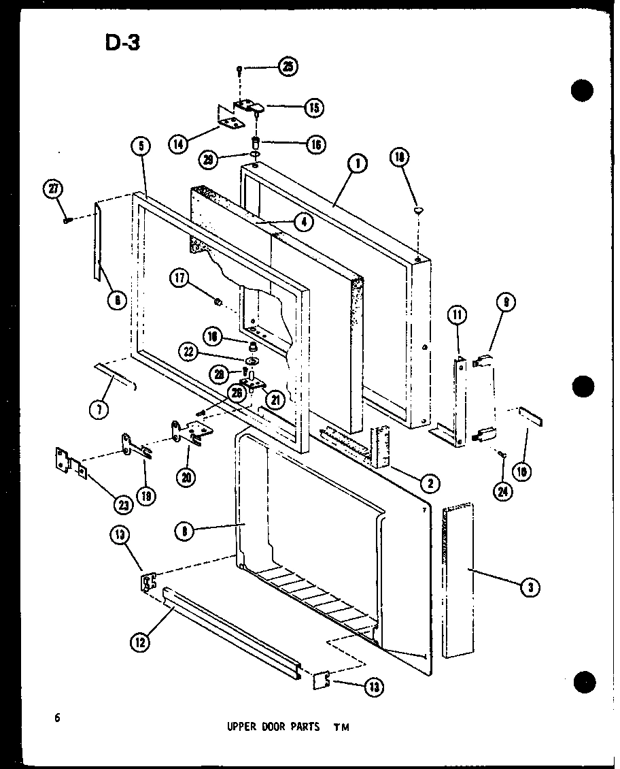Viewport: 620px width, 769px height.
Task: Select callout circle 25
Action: [288, 67]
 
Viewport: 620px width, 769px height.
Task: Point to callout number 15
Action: [314, 107]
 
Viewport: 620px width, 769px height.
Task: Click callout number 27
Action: [52, 190]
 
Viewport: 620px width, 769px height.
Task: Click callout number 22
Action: [190, 352]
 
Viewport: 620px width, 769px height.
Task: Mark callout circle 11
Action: [457, 314]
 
